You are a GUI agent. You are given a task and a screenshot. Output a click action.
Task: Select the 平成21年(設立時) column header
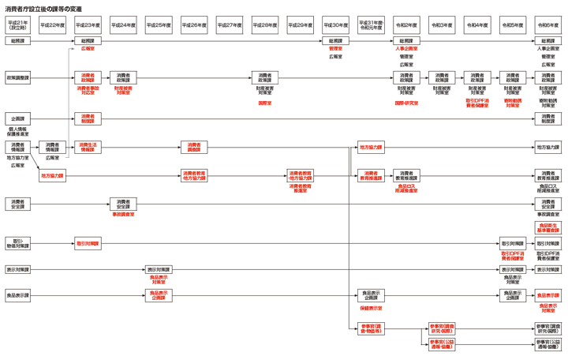(x=17, y=25)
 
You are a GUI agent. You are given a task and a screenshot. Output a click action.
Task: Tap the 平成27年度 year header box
(x=230, y=25)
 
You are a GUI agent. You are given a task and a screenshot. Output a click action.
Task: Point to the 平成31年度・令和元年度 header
(x=371, y=25)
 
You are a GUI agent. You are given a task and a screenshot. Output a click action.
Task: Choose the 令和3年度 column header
(x=442, y=25)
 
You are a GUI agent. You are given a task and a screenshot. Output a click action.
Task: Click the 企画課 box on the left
(x=17, y=118)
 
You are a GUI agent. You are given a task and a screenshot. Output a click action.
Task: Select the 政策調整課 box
(x=17, y=77)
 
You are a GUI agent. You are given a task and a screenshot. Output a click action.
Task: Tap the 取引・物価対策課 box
(x=17, y=244)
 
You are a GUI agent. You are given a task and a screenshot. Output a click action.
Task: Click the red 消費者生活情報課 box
(x=88, y=147)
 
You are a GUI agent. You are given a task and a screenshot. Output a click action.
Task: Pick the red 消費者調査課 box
(x=193, y=147)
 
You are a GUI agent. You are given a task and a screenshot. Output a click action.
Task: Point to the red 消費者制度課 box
(x=88, y=118)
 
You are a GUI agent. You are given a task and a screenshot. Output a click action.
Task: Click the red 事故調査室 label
(x=123, y=214)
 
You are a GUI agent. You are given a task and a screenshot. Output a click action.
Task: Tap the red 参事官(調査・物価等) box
(x=371, y=328)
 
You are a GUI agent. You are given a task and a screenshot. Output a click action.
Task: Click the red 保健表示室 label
(x=371, y=308)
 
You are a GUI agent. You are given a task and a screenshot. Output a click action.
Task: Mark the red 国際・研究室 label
(x=406, y=103)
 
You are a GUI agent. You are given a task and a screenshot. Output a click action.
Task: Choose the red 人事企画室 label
(x=406, y=49)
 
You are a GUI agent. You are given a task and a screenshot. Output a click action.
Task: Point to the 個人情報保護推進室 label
(x=17, y=131)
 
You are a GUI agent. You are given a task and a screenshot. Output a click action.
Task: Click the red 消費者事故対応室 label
(x=88, y=90)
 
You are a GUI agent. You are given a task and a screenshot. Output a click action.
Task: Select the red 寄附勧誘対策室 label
(x=513, y=103)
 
